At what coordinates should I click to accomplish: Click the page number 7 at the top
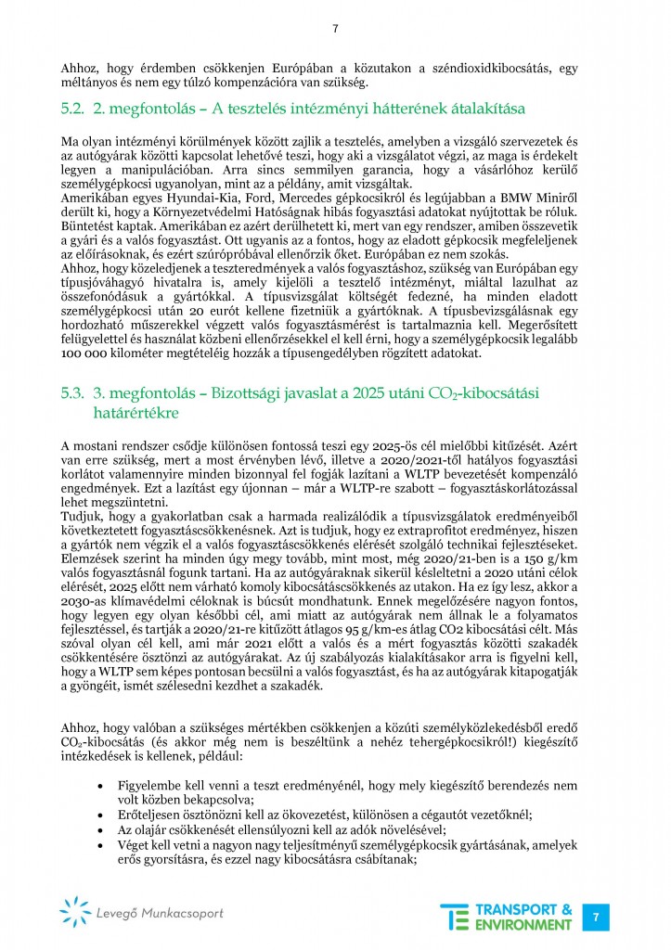point(335,28)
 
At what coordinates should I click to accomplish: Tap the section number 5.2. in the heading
point(72,110)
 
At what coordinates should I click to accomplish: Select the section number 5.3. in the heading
point(72,393)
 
